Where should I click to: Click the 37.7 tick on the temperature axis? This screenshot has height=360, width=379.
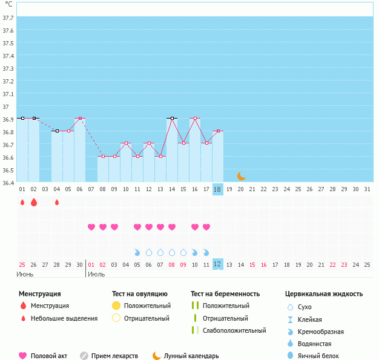(8, 18)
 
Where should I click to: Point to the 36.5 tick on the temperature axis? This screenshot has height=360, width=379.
(8, 170)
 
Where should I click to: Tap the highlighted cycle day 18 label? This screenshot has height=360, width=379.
(218, 189)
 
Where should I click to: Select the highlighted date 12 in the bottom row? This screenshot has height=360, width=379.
(218, 264)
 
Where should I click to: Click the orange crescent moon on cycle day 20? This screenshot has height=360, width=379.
(241, 175)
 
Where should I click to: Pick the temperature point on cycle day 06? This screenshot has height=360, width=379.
(80, 119)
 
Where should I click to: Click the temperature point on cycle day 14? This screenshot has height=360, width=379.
(172, 119)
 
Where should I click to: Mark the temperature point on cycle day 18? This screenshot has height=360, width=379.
(218, 131)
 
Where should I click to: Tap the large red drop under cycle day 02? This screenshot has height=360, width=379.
(34, 202)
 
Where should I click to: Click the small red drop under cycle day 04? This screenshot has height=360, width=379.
(57, 202)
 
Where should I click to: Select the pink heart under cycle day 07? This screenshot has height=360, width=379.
(91, 227)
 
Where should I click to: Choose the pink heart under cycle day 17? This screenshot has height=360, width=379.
(206, 227)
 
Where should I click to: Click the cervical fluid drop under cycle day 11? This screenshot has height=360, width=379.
(137, 252)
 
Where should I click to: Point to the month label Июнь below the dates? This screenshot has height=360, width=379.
(25, 274)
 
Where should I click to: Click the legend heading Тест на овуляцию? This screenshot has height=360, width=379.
(139, 294)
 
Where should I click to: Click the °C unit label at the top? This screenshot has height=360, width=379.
(8, 4)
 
